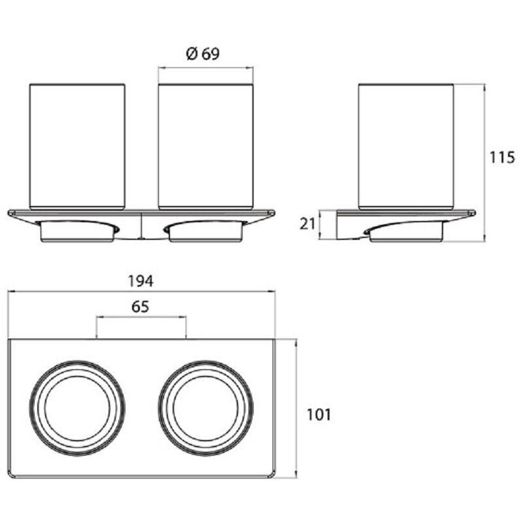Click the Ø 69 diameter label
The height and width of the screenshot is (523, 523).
tap(203, 54)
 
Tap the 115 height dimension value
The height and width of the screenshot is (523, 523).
tap(502, 158)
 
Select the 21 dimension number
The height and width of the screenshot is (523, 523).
tap(307, 224)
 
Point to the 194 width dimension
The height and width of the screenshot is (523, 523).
tap(141, 281)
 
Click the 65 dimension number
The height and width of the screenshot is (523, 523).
tap(140, 307)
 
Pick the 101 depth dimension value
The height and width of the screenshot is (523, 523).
tap(319, 414)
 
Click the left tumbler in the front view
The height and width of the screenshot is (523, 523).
tap(77, 146)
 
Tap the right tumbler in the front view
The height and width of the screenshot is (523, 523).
tap(206, 146)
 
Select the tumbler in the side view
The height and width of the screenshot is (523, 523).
tap(405, 146)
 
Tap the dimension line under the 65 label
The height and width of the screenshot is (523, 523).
tap(141, 317)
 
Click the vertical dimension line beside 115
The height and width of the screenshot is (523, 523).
tap(484, 163)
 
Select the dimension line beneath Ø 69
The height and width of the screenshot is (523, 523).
tap(206, 68)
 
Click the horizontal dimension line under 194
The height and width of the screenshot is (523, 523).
tap(141, 292)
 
